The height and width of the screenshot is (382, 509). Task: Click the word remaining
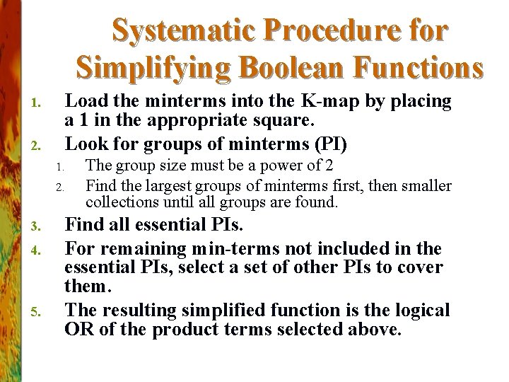(x=137, y=248)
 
